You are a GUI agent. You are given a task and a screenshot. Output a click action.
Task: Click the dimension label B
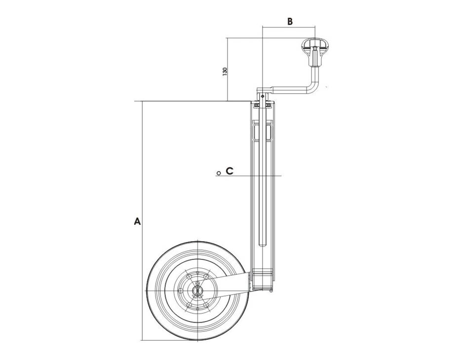point(290,21)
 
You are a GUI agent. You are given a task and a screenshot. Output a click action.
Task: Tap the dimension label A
point(138,221)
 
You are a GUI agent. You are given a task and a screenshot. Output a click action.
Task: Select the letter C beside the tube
point(230,171)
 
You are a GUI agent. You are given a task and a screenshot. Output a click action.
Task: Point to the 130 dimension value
point(225,71)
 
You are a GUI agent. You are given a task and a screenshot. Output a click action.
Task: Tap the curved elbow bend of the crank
point(313,89)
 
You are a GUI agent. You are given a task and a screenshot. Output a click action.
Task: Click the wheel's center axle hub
point(197,290)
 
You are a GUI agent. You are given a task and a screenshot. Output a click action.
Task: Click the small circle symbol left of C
point(218,173)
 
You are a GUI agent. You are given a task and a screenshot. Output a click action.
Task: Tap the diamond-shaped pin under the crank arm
point(263,97)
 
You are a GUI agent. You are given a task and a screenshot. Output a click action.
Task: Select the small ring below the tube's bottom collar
point(271,290)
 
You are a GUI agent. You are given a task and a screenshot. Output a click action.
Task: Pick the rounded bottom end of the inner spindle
point(263,246)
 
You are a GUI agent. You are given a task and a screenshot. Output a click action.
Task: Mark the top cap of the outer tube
point(263,105)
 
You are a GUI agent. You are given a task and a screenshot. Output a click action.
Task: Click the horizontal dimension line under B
point(289,28)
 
